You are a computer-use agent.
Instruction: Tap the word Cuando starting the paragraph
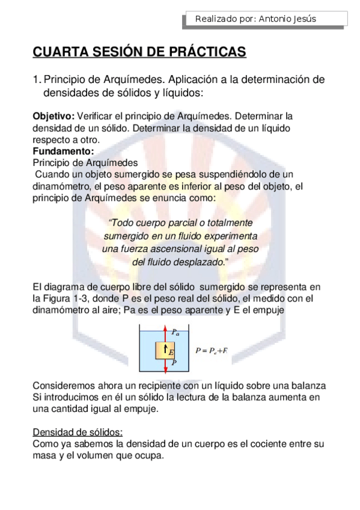click(53, 174)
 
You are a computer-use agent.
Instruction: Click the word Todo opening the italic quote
click(123, 223)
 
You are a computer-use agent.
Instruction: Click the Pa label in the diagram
click(175, 331)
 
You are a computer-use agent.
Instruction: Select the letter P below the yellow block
click(174, 363)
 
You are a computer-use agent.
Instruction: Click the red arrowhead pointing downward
click(165, 367)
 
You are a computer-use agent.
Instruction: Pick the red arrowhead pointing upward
click(165, 330)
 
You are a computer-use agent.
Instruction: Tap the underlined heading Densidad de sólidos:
click(78, 432)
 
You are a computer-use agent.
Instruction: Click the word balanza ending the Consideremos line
click(308, 385)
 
